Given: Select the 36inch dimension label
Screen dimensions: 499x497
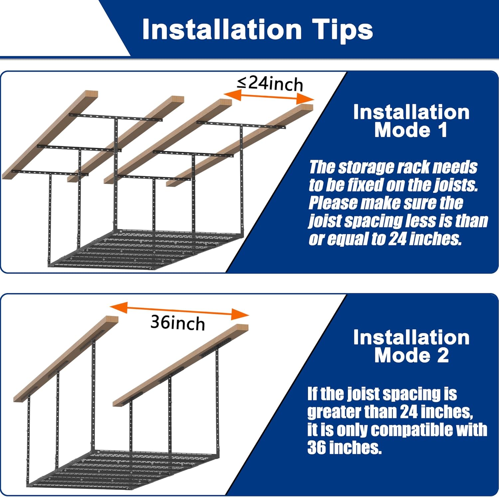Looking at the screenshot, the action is [x=178, y=323].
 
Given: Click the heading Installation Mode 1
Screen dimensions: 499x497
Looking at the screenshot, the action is [x=412, y=121].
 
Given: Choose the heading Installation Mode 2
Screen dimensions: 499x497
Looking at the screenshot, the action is [x=412, y=346].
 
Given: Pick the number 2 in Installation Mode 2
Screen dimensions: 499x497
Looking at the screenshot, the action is [x=443, y=355].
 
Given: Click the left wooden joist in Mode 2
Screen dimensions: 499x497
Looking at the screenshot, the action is [x=66, y=359].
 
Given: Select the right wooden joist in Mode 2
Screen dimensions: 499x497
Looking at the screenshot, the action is [x=181, y=365].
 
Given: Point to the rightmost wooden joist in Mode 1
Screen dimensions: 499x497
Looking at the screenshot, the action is [x=240, y=145].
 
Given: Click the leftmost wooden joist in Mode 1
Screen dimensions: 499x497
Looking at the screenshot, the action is [x=50, y=135].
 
